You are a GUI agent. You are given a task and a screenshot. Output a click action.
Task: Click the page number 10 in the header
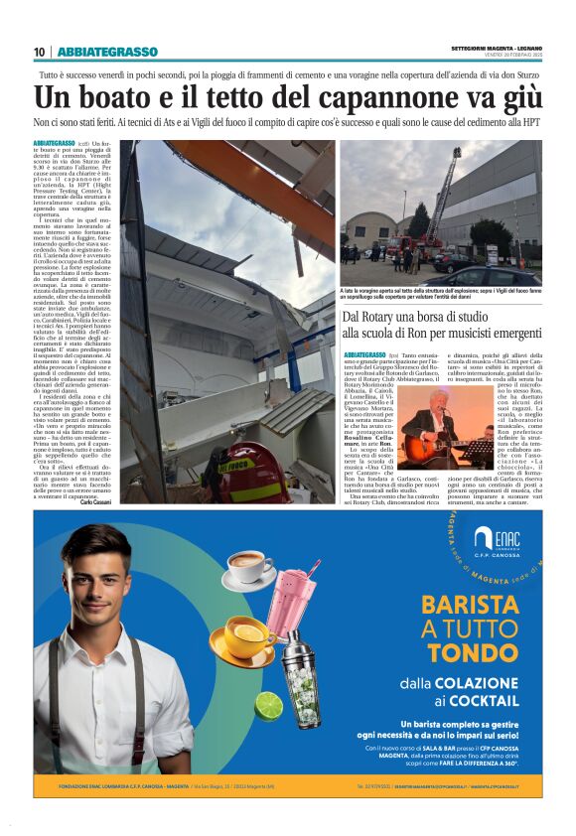click(x=39, y=52)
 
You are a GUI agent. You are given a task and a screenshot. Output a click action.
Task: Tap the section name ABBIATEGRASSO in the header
click(x=107, y=52)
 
